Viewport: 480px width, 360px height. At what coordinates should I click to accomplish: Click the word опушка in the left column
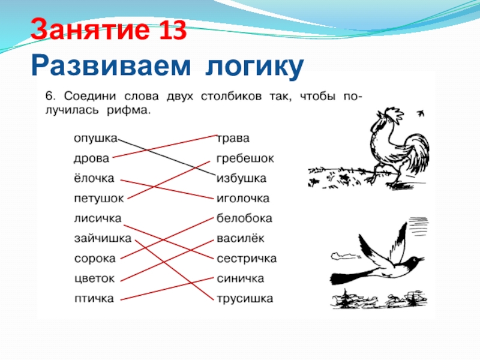pyautogui.click(x=95, y=139)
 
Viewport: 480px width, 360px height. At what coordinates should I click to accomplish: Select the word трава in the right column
pyautogui.click(x=233, y=139)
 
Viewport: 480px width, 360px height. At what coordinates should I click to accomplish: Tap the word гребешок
pyautogui.click(x=245, y=158)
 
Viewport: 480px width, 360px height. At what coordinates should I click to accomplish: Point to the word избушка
pyautogui.click(x=241, y=179)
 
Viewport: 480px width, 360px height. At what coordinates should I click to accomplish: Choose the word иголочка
pyautogui.click(x=243, y=199)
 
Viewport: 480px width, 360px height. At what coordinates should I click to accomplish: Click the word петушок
pyautogui.click(x=99, y=199)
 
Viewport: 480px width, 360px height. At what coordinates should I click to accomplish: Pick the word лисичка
pyautogui.click(x=98, y=218)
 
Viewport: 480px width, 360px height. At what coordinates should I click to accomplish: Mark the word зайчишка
pyautogui.click(x=103, y=238)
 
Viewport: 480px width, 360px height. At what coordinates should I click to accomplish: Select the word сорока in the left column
pyautogui.click(x=95, y=259)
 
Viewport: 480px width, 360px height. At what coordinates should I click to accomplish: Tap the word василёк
pyautogui.click(x=241, y=238)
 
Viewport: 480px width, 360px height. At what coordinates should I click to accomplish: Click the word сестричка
pyautogui.click(x=247, y=259)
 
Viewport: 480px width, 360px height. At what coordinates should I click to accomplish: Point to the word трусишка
pyautogui.click(x=245, y=298)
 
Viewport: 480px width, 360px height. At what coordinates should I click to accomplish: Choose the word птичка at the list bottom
pyautogui.click(x=94, y=298)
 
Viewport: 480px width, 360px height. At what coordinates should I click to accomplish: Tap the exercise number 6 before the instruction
pyautogui.click(x=50, y=96)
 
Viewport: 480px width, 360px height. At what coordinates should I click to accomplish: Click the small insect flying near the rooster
pyautogui.click(x=421, y=113)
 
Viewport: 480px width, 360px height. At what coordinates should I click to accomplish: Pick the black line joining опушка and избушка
pyautogui.click(x=167, y=157)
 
